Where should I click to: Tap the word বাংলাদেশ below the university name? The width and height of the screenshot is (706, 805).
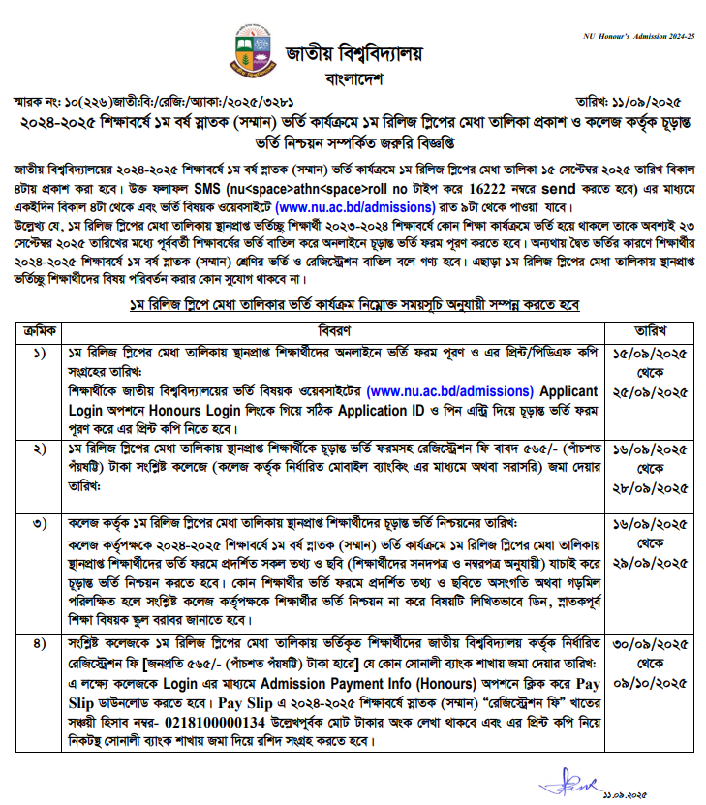pyautogui.click(x=353, y=77)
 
